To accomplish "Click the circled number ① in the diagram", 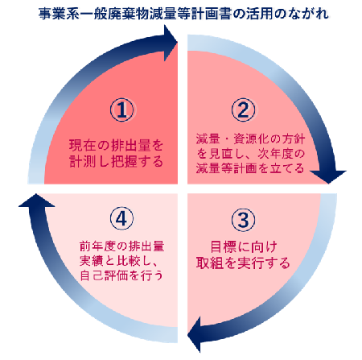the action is (122, 110).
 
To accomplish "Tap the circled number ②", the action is (244, 110).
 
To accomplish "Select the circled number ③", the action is (244, 220).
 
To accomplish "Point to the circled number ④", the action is (122, 219).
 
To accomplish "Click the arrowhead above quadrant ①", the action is (171, 43).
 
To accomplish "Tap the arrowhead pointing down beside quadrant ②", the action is (328, 176).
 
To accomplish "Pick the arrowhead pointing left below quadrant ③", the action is (194, 334).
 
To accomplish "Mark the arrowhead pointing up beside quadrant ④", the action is (36, 200).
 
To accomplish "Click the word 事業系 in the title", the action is (59, 14).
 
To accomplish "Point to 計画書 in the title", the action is (212, 14).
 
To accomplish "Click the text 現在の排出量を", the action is (116, 145).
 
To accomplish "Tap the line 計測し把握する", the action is (116, 161).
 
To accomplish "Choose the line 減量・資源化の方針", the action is (250, 139).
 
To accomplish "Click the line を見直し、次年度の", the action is (250, 154).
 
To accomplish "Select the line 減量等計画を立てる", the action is (250, 168).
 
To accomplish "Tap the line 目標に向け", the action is (244, 246).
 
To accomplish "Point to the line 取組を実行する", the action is (243, 263).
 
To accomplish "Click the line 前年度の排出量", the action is (122, 246).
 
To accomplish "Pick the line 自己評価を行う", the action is (121, 275).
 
